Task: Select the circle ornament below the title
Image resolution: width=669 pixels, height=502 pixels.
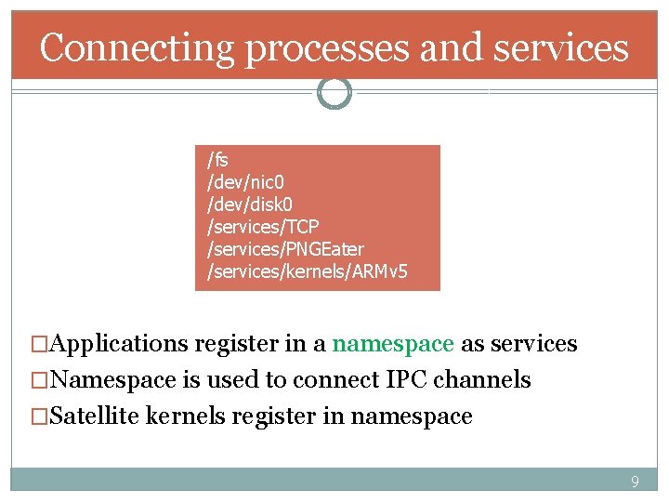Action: click(x=334, y=92)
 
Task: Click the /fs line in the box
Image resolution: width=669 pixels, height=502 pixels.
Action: click(x=217, y=160)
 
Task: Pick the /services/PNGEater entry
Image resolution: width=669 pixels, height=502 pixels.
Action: click(x=285, y=249)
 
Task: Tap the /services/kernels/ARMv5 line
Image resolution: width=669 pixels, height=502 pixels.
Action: click(x=307, y=272)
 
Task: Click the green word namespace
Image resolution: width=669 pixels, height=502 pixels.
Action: click(x=393, y=344)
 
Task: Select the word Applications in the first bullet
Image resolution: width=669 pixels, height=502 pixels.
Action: click(x=119, y=344)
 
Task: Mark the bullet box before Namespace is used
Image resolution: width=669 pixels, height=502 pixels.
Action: click(x=39, y=380)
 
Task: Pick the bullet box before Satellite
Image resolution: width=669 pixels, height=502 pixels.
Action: click(x=39, y=416)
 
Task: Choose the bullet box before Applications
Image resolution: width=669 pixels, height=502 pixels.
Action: click(x=39, y=344)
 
